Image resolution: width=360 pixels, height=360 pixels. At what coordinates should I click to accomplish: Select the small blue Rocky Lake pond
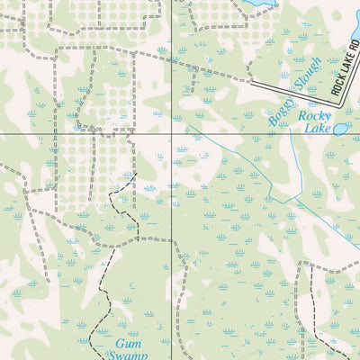coord(341,129)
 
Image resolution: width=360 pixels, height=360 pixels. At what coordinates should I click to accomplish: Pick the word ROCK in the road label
coord(338,87)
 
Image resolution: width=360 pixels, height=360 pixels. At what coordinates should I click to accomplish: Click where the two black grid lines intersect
coord(170,134)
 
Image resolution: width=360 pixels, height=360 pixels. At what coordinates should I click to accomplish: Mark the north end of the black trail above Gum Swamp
coord(135,175)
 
